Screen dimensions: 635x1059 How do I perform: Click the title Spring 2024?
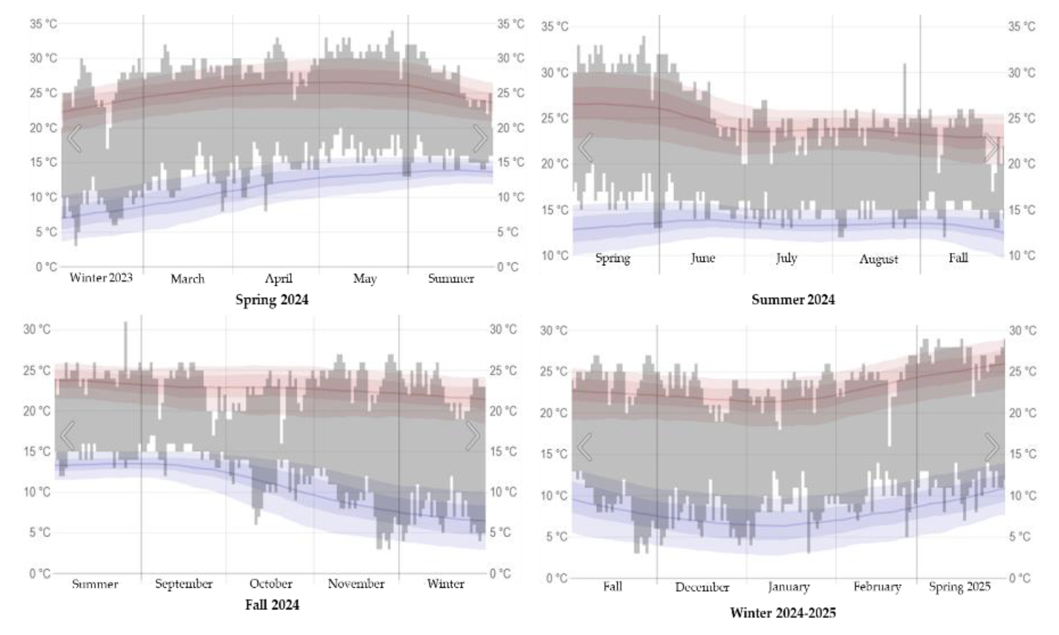[x=272, y=299]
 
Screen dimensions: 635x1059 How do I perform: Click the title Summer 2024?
[x=793, y=299]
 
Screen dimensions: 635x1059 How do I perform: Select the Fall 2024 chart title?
[x=272, y=605]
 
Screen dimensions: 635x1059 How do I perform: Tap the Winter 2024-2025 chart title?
[x=782, y=613]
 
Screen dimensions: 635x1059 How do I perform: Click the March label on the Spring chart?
[x=187, y=279]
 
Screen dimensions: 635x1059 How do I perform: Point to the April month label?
[x=278, y=279]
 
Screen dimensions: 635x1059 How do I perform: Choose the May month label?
[x=365, y=279]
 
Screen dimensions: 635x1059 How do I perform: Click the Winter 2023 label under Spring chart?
[x=101, y=278]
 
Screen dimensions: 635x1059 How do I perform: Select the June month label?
[x=702, y=258]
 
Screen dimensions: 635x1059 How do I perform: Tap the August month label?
[x=878, y=259]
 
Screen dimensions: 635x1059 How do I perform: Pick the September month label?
[x=184, y=584]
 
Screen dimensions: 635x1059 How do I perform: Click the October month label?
[x=271, y=584]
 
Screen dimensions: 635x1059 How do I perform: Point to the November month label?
[x=356, y=584]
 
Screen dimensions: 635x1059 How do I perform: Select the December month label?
[x=702, y=587]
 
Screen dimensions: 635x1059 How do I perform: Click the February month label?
[x=877, y=586]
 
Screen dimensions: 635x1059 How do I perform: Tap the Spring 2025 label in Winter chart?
[x=959, y=586]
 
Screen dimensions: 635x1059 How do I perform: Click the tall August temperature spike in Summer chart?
[x=905, y=94]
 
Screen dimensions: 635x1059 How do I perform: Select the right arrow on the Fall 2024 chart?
[x=472, y=435]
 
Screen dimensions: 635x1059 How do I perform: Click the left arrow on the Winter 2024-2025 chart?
[x=585, y=447]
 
